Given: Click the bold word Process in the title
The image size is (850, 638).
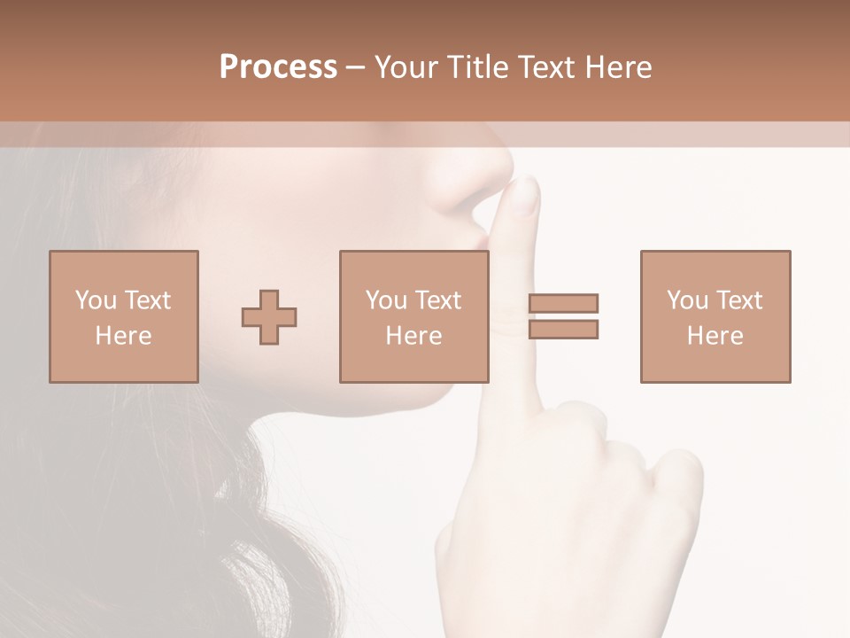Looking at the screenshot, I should (278, 66).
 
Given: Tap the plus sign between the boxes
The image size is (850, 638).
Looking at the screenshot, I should (269, 317).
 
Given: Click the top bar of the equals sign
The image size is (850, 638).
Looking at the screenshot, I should (563, 303).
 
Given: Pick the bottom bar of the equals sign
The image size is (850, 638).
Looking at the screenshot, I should (563, 330).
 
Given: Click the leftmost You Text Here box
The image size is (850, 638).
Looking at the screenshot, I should (124, 316).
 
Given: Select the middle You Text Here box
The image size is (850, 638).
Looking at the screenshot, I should (414, 316).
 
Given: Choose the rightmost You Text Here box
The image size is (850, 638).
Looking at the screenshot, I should (715, 316).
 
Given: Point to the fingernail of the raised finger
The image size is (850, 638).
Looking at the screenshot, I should (527, 195).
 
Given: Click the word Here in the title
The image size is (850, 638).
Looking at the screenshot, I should (618, 66).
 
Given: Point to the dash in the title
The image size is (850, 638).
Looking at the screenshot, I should (355, 67).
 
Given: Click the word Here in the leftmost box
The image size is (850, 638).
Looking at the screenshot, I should (124, 336).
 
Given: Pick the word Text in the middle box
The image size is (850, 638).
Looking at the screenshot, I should (438, 300).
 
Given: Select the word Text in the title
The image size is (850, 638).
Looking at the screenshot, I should (549, 66).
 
